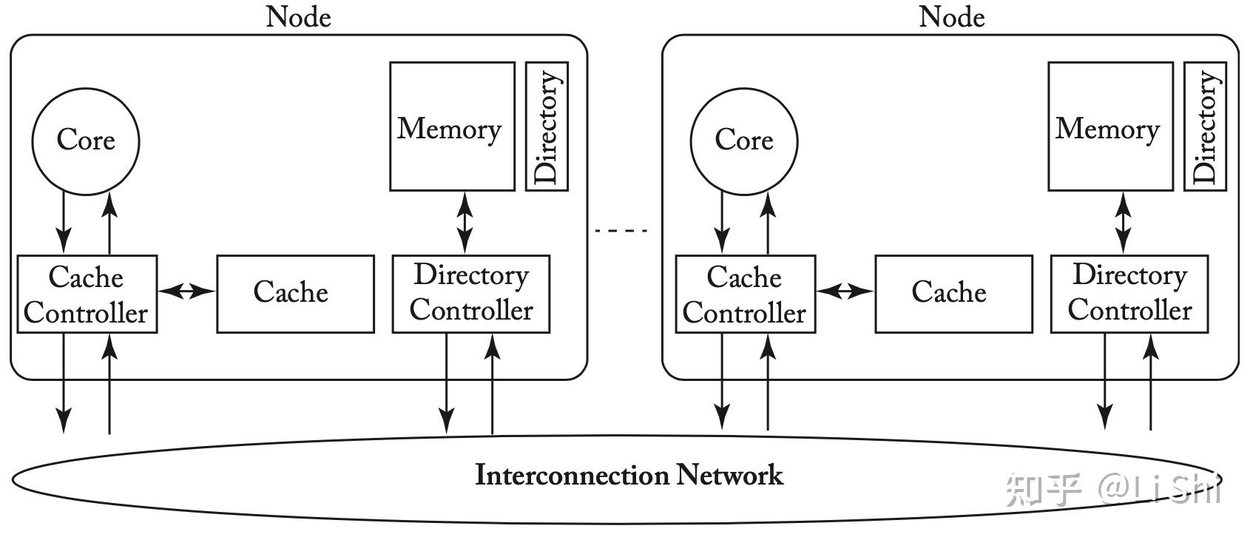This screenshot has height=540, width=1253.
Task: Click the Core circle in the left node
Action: (x=85, y=141)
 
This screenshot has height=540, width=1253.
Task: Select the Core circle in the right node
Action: (x=743, y=141)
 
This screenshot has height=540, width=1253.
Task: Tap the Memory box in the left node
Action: (x=452, y=126)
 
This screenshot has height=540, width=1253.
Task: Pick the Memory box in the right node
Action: (x=1110, y=126)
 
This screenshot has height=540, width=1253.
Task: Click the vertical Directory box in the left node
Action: (x=547, y=126)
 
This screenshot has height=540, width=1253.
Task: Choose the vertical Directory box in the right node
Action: (x=1205, y=126)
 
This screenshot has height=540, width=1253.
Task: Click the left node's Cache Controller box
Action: (x=87, y=294)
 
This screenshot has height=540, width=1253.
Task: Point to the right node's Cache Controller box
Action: (x=745, y=294)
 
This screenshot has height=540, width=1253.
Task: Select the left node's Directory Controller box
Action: (x=470, y=294)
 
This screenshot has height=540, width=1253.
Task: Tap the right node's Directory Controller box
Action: (x=1129, y=294)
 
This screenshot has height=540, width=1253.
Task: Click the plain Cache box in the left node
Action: (x=294, y=294)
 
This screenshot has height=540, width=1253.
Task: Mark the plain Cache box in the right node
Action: (x=953, y=294)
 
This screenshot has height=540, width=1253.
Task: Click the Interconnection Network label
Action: (x=629, y=475)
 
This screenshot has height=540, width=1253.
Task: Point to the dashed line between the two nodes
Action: (x=621, y=231)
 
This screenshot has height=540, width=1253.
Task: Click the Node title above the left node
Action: (x=298, y=16)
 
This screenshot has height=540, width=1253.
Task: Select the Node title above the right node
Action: (x=951, y=16)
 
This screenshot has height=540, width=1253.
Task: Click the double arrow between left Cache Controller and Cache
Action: (x=186, y=291)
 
